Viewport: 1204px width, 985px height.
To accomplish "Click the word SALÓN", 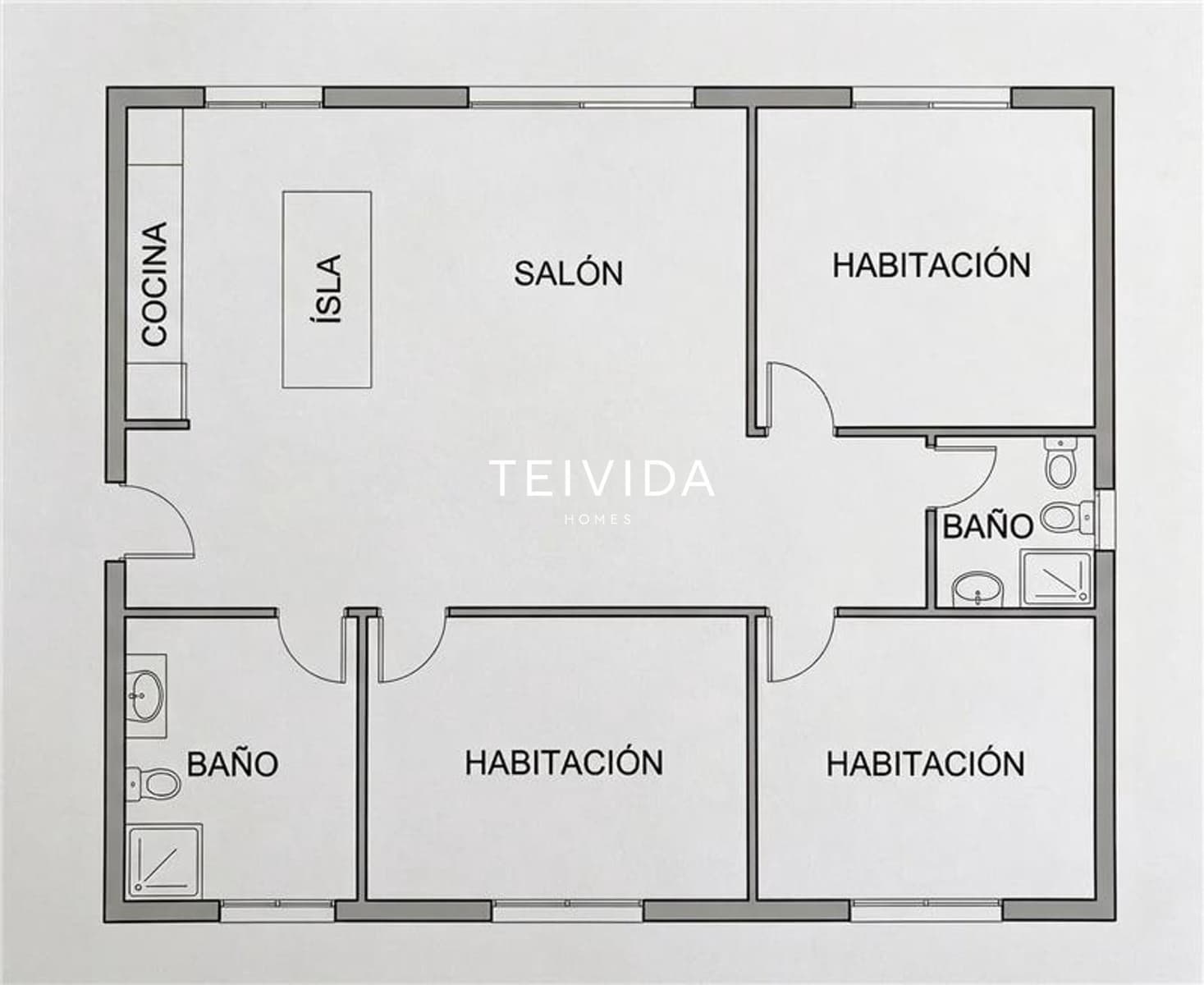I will tap(568, 273).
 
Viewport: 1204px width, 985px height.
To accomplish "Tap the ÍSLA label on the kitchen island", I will tap(328, 289).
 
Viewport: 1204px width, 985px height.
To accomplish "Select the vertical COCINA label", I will tap(154, 284).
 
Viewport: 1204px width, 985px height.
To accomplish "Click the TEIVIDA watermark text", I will tap(602, 479).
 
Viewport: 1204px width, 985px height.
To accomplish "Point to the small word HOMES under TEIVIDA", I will tap(599, 520).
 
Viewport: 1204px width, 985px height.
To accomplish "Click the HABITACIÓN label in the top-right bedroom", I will tap(932, 266).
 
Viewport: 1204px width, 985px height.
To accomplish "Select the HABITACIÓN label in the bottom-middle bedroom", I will tap(564, 763).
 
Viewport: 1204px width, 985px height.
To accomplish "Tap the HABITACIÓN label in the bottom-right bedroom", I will tap(925, 764).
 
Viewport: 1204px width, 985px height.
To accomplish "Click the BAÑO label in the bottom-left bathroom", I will tap(232, 764).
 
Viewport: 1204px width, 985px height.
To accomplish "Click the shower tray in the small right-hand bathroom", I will tap(1055, 579).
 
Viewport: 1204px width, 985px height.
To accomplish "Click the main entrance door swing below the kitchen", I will tap(158, 522).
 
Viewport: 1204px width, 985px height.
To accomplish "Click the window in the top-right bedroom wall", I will tap(932, 98).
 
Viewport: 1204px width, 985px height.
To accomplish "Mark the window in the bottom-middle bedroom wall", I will tap(568, 909).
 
